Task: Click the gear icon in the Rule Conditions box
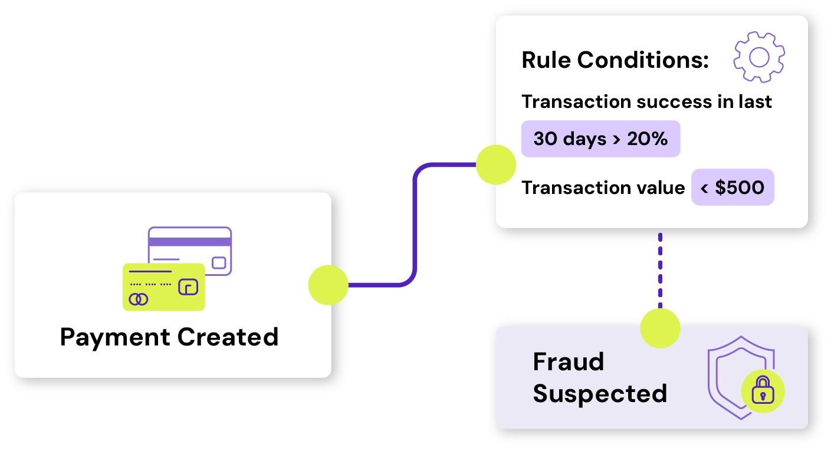(x=759, y=57)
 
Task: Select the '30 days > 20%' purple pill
(x=600, y=139)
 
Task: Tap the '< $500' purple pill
(x=733, y=187)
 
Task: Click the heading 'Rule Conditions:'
(x=615, y=60)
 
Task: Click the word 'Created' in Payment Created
(x=228, y=337)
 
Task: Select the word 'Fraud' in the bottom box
(x=569, y=361)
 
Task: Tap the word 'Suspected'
(x=600, y=393)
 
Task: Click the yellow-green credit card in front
(x=163, y=287)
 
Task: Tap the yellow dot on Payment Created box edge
(x=329, y=285)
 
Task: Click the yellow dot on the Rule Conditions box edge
(x=495, y=165)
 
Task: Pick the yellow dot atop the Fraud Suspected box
(x=660, y=327)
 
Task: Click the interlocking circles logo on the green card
(x=139, y=299)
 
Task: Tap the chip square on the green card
(x=188, y=287)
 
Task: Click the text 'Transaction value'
(x=603, y=187)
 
